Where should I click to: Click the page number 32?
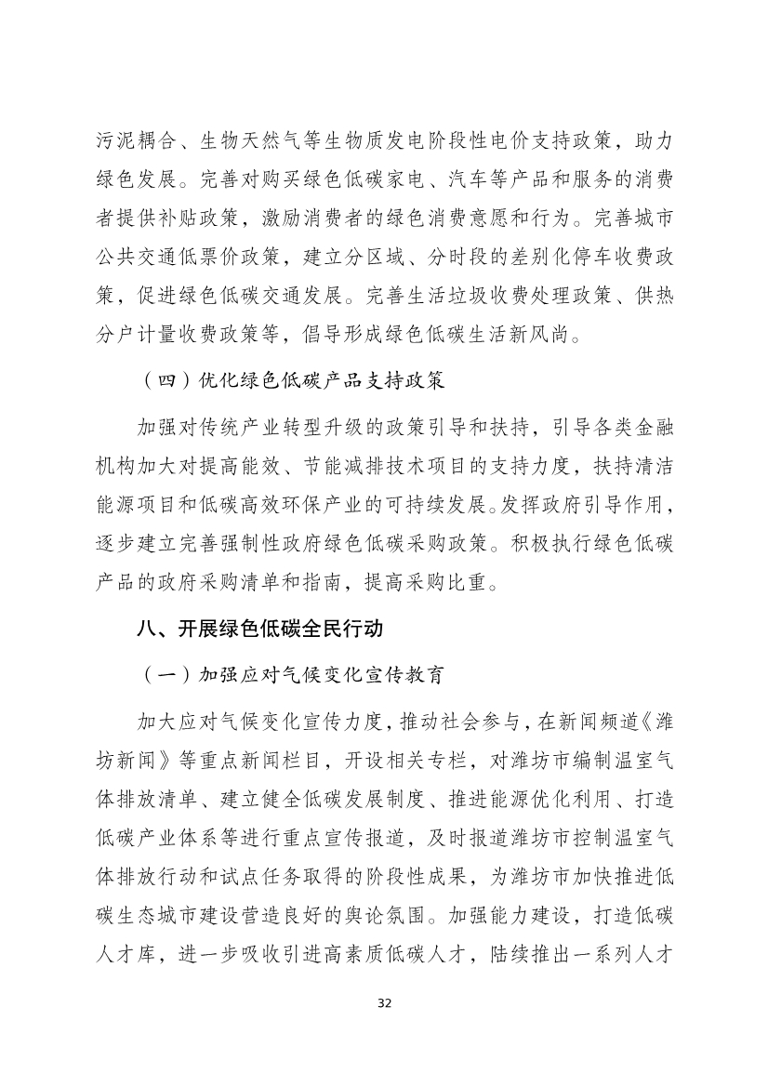point(384,1003)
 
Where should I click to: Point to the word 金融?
point(651,429)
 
